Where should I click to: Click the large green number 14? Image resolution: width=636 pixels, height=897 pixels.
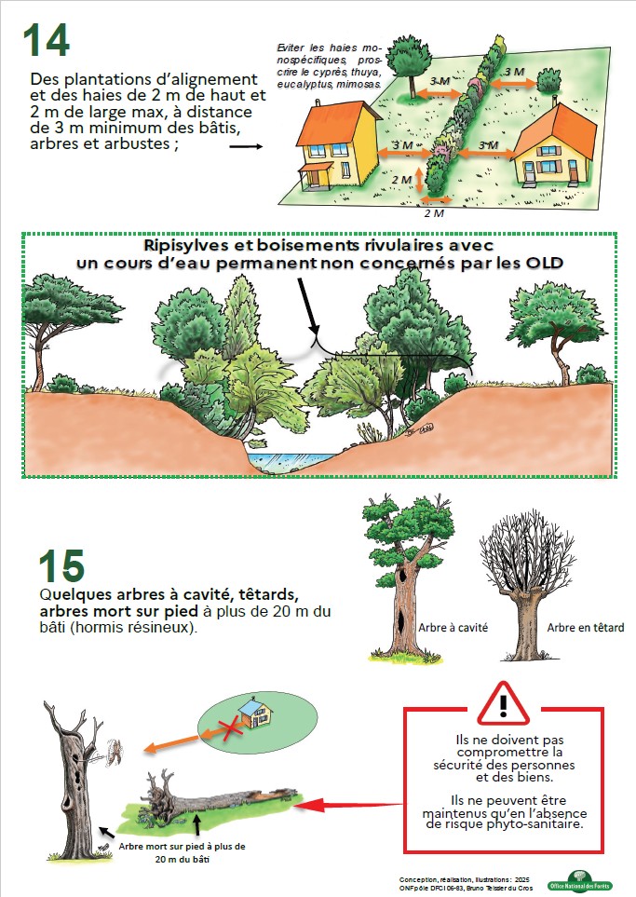[47, 40]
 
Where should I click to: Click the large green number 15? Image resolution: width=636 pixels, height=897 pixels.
[61, 565]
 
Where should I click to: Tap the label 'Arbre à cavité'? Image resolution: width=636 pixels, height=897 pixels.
[453, 628]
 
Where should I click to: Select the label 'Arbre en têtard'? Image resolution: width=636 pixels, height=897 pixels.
[585, 628]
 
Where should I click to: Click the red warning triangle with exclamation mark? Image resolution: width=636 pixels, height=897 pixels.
[504, 703]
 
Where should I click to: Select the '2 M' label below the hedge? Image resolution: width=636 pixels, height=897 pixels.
[434, 213]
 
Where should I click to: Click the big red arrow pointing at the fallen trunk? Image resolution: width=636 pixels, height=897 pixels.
[349, 806]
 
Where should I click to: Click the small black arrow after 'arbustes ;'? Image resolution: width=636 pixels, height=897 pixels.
[246, 146]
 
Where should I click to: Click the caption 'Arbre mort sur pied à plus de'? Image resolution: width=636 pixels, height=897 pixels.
[182, 846]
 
